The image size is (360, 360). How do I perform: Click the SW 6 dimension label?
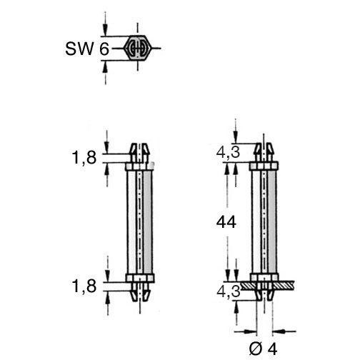[x=87, y=49]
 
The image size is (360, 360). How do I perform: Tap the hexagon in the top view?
[x=138, y=48]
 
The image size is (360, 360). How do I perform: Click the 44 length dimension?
[x=226, y=222]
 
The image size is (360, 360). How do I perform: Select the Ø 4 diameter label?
[x=264, y=349]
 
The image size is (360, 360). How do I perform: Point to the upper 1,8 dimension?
[x=84, y=158]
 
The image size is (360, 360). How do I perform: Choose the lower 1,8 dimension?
[x=84, y=286]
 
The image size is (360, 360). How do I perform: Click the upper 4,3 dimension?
[x=228, y=152]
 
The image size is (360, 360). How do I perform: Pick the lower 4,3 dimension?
[x=229, y=291]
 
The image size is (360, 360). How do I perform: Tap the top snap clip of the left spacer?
[x=139, y=153]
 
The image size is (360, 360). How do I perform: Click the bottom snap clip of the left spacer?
[x=140, y=292]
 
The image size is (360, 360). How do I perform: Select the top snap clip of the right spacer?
[x=264, y=152]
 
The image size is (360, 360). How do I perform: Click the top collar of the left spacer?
[x=140, y=166]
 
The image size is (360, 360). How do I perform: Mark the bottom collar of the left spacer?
[x=140, y=279]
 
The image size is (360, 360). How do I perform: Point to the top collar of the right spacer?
[x=264, y=166]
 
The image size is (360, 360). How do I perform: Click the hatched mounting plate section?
[x=268, y=285]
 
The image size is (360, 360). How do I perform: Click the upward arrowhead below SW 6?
[x=105, y=66]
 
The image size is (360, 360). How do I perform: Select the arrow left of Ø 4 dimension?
[x=246, y=331]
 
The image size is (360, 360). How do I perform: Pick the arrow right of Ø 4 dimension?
[x=284, y=331]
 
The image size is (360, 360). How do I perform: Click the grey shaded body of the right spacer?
[x=272, y=222]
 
